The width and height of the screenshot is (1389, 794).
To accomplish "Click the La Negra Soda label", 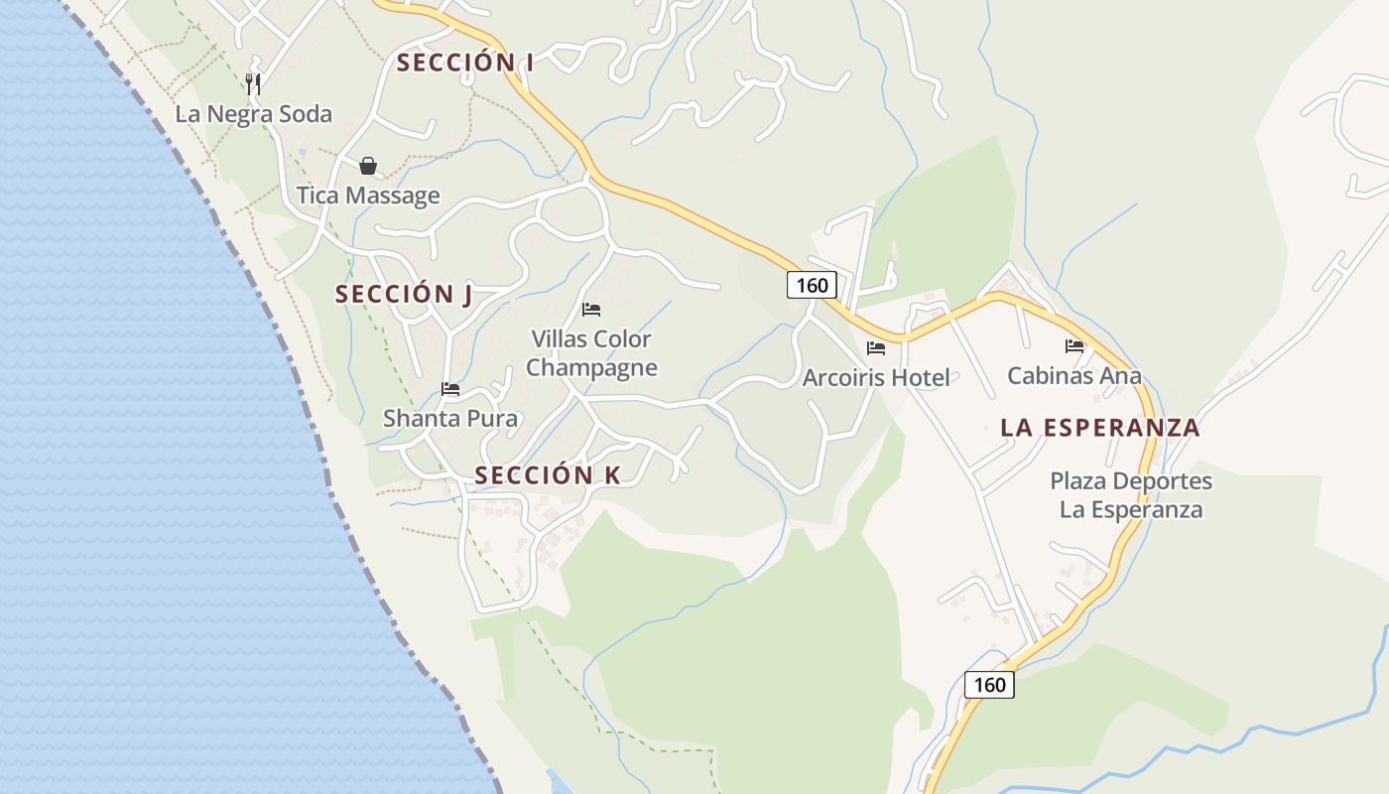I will (x=253, y=114).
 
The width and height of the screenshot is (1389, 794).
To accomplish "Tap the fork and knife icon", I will (x=253, y=83).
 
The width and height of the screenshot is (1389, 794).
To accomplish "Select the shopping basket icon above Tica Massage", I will (x=368, y=166).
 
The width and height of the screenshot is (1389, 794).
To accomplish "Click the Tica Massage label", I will (x=368, y=195).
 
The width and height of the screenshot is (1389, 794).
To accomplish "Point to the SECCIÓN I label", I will (x=465, y=63).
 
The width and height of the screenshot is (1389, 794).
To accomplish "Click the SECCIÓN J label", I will (x=403, y=295).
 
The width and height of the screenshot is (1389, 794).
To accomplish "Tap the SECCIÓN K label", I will (x=548, y=475).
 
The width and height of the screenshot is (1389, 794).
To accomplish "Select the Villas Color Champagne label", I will (x=591, y=353).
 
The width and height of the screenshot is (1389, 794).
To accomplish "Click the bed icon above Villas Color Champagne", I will (x=591, y=310).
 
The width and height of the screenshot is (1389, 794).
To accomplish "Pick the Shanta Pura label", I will (x=450, y=418).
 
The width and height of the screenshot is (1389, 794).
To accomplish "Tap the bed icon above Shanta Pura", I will (x=450, y=389).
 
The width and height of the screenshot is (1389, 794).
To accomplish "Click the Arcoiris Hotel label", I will (x=876, y=377).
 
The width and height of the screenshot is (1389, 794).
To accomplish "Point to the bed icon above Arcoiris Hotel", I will (x=876, y=347).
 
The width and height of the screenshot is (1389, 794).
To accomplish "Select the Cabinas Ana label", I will (x=1074, y=376).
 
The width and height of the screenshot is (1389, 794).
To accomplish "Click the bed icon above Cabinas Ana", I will (x=1074, y=346).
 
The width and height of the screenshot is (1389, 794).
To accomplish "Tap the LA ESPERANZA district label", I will (x=1100, y=428).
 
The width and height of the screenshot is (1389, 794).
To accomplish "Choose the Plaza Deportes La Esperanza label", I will (x=1131, y=495).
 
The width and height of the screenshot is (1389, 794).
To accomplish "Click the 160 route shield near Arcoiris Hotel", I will (x=813, y=285).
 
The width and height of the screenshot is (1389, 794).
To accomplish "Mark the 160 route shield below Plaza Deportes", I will (x=989, y=684).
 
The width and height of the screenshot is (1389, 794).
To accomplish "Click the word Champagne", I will (x=591, y=368).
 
